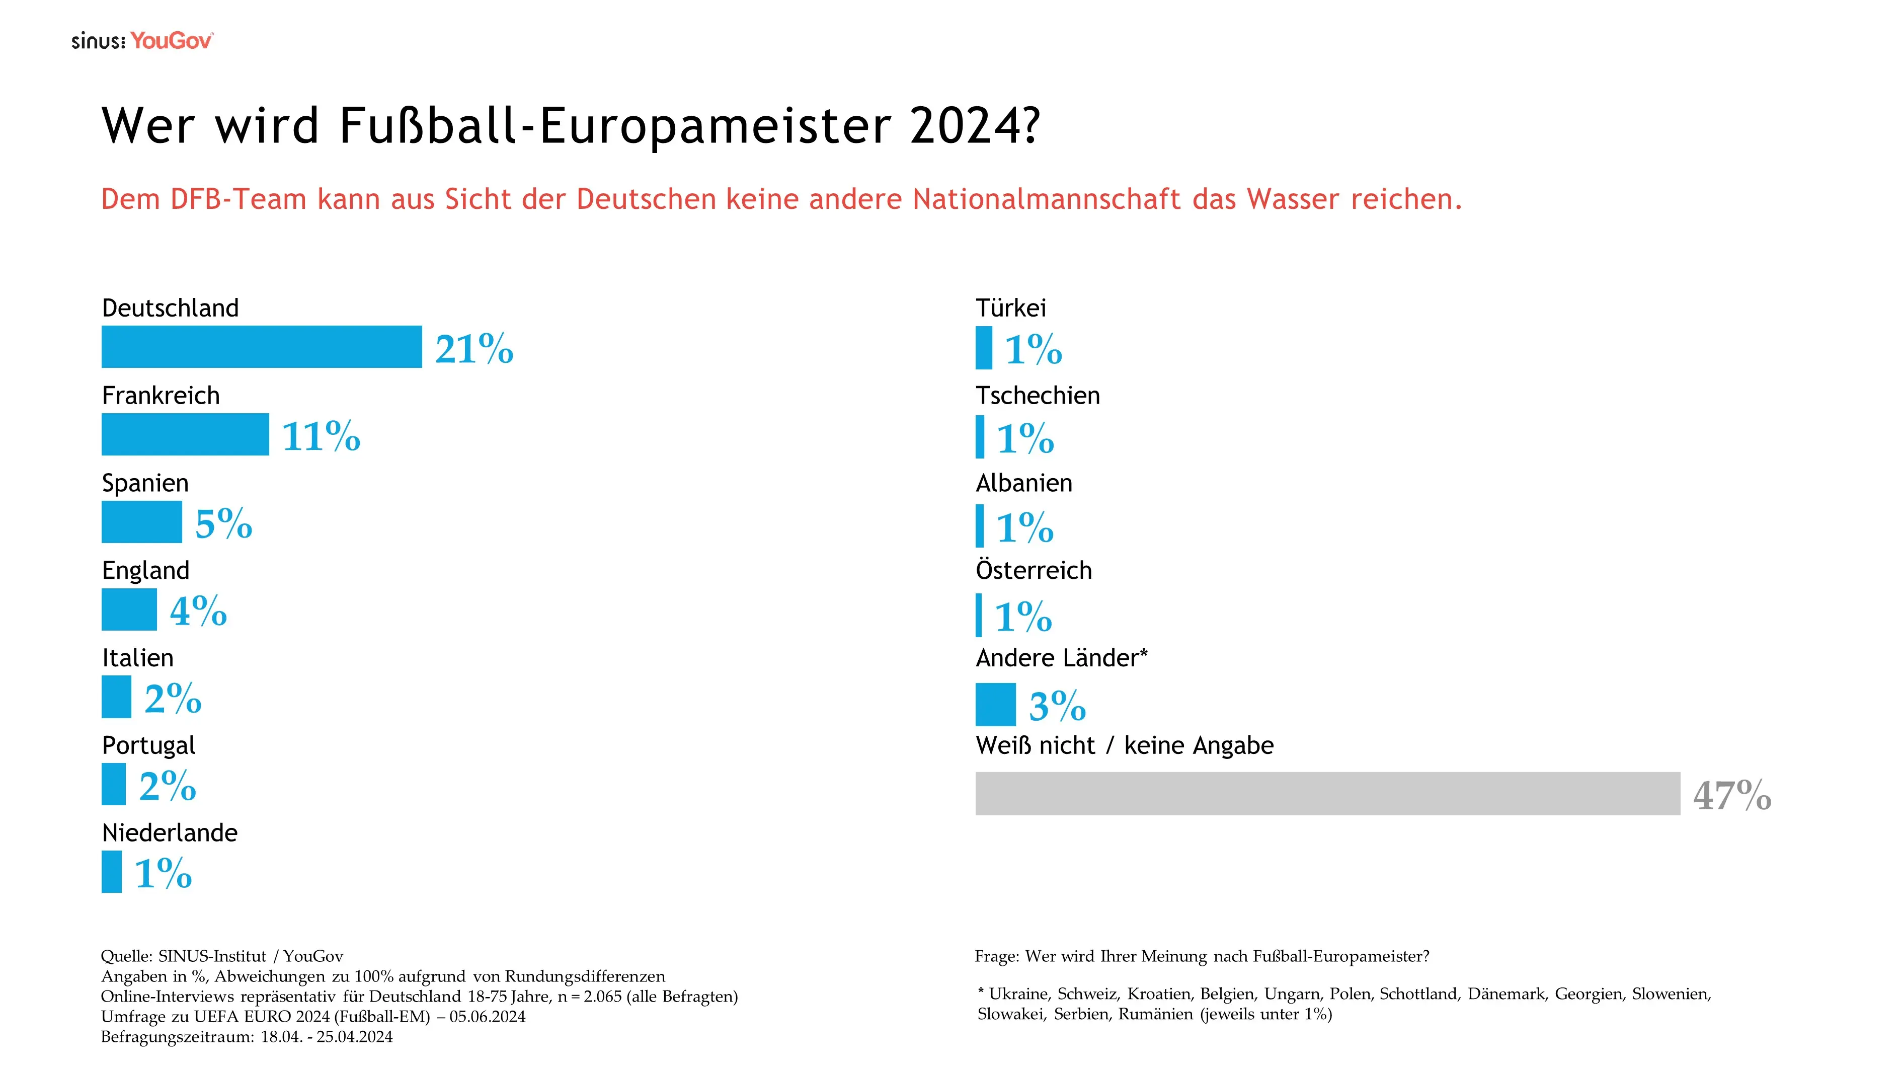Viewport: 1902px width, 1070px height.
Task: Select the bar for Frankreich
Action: click(x=185, y=434)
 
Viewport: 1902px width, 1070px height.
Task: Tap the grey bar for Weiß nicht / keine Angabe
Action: click(x=1327, y=794)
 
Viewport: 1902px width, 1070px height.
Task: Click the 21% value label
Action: click(x=474, y=349)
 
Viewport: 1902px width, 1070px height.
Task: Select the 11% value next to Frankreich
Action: click(x=321, y=436)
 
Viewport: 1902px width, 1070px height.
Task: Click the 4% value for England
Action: click(x=198, y=610)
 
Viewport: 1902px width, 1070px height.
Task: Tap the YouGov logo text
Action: click(x=171, y=41)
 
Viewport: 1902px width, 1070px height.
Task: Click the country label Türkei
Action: click(x=1011, y=308)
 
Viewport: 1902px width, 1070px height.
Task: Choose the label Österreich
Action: click(x=1033, y=570)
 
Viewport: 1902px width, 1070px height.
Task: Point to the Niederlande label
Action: click(x=170, y=832)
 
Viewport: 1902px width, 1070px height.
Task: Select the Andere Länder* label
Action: click(x=1061, y=657)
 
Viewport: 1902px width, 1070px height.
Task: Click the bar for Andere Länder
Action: click(x=995, y=705)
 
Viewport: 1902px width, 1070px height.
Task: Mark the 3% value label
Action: click(x=1057, y=706)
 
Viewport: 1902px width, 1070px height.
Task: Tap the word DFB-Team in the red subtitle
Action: click(x=237, y=199)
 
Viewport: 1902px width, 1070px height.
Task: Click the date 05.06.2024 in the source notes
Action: click(x=487, y=1016)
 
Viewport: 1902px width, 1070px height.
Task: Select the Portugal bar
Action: click(x=114, y=784)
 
